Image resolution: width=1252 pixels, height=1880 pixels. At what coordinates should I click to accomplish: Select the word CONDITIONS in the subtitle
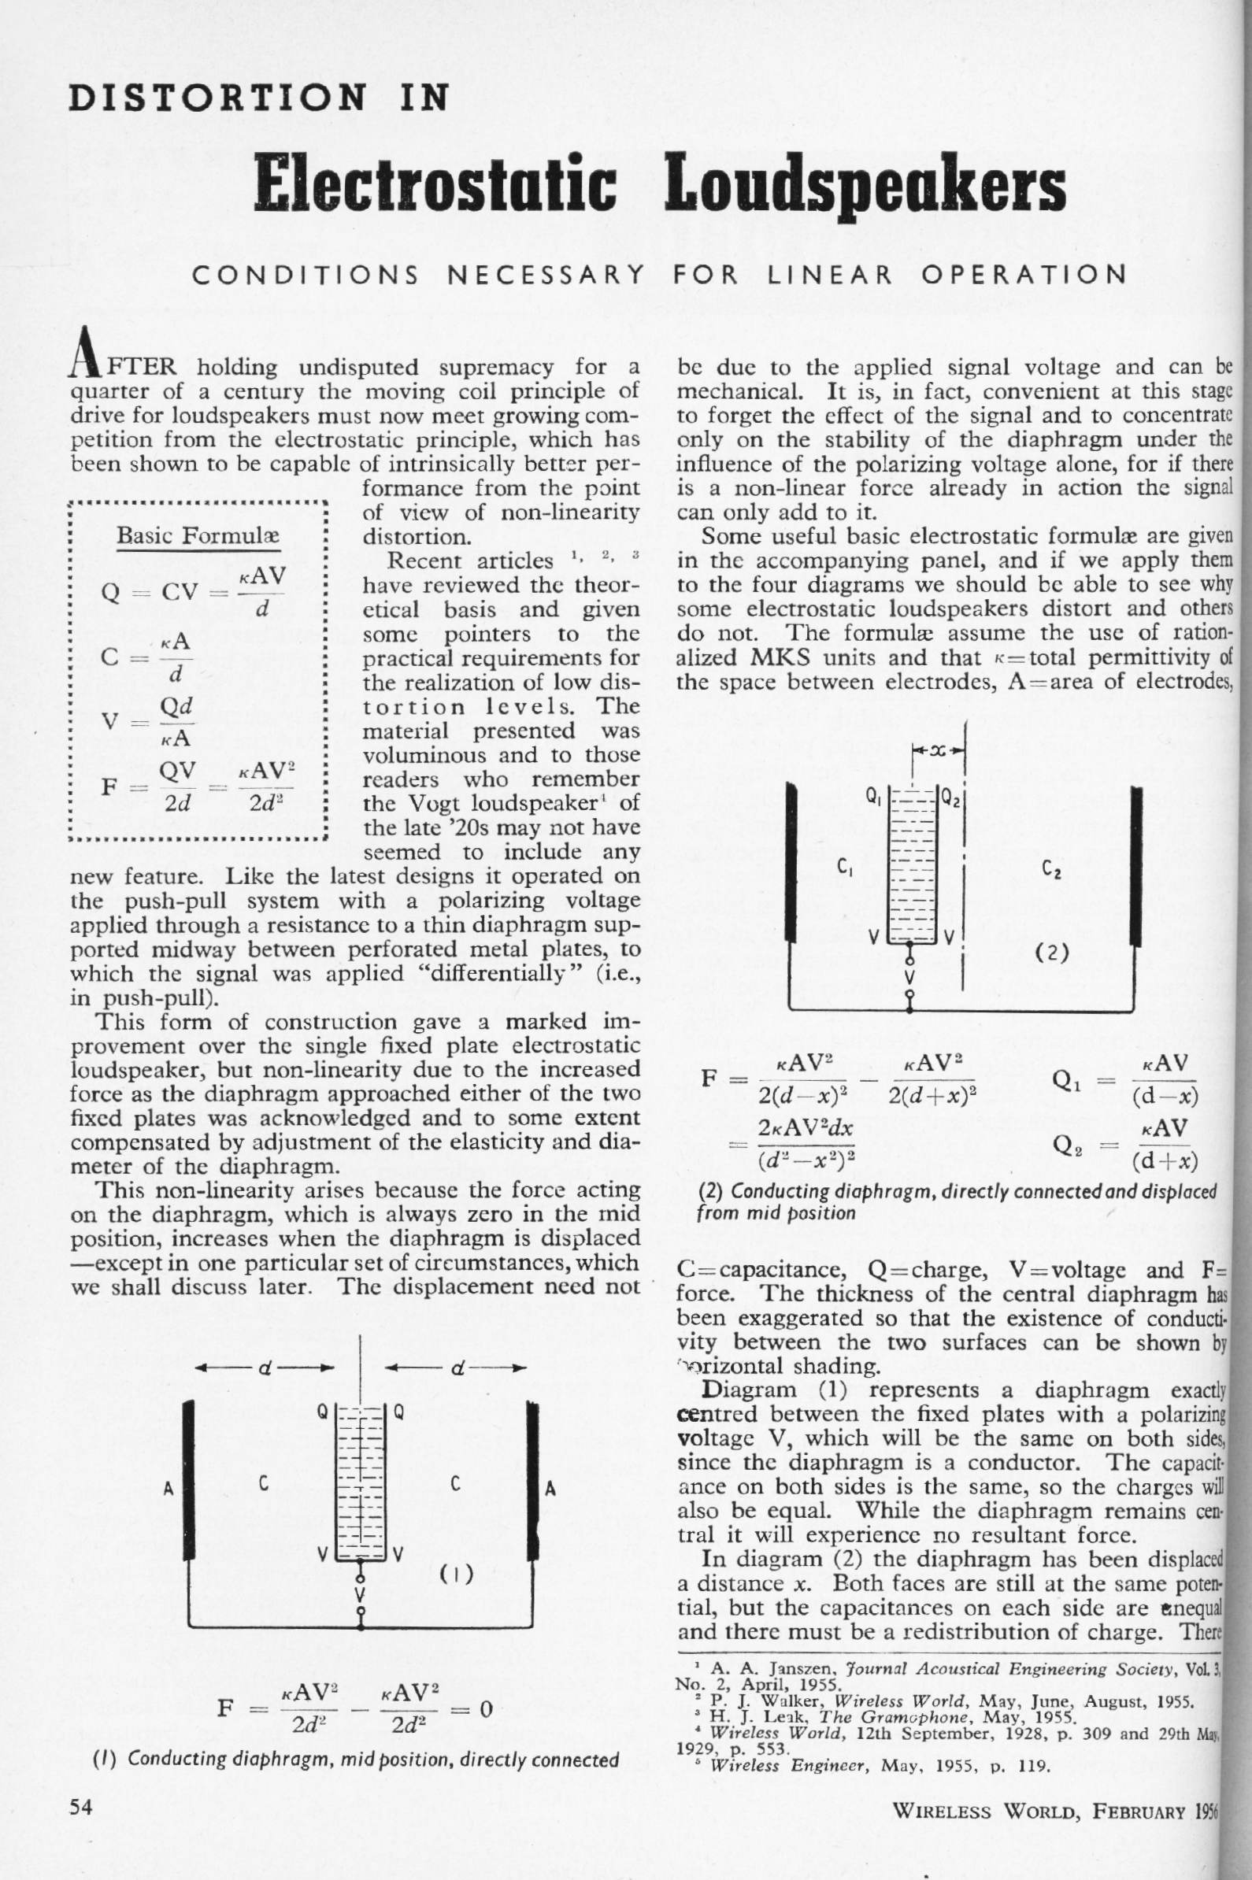308,276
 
